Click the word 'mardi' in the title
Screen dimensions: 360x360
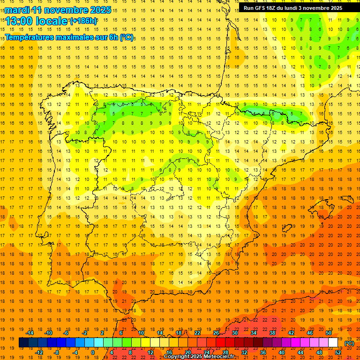click(x=16, y=10)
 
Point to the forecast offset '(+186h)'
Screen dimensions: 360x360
click(x=83, y=21)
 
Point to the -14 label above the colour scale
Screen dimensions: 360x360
click(x=30, y=333)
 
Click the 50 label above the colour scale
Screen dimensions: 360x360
click(x=329, y=333)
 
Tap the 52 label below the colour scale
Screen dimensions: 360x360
click(x=338, y=352)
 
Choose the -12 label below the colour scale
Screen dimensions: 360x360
click(x=39, y=352)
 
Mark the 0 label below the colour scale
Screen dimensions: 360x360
click(x=93, y=352)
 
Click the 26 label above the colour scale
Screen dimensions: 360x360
click(x=216, y=333)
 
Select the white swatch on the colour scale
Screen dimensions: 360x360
click(x=333, y=343)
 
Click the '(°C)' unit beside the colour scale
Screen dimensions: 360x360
click(x=349, y=343)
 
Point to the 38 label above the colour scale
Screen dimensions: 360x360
click(x=272, y=333)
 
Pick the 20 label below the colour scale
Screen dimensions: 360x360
click(x=187, y=352)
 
